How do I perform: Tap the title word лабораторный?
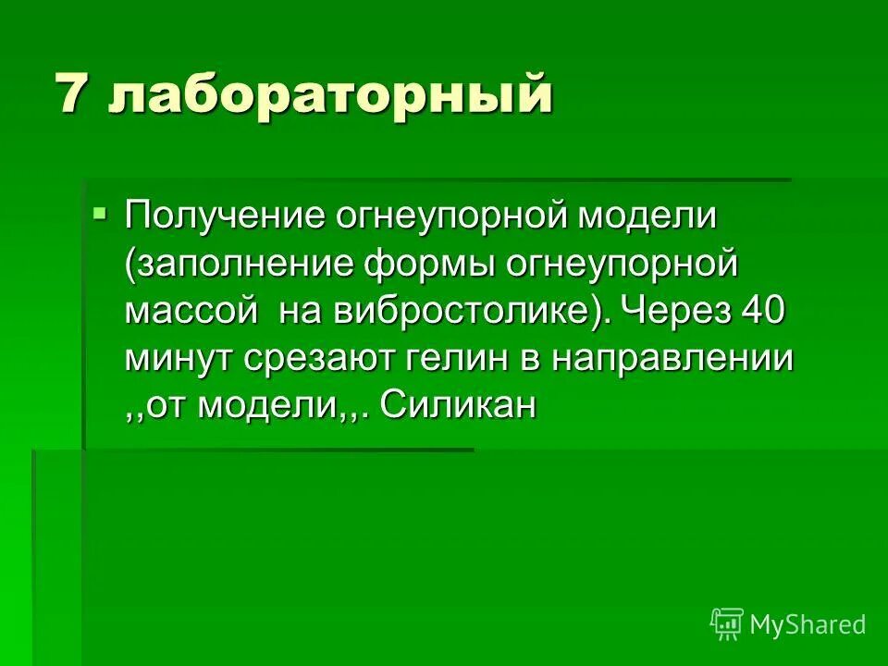330,96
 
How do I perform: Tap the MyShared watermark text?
808,624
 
